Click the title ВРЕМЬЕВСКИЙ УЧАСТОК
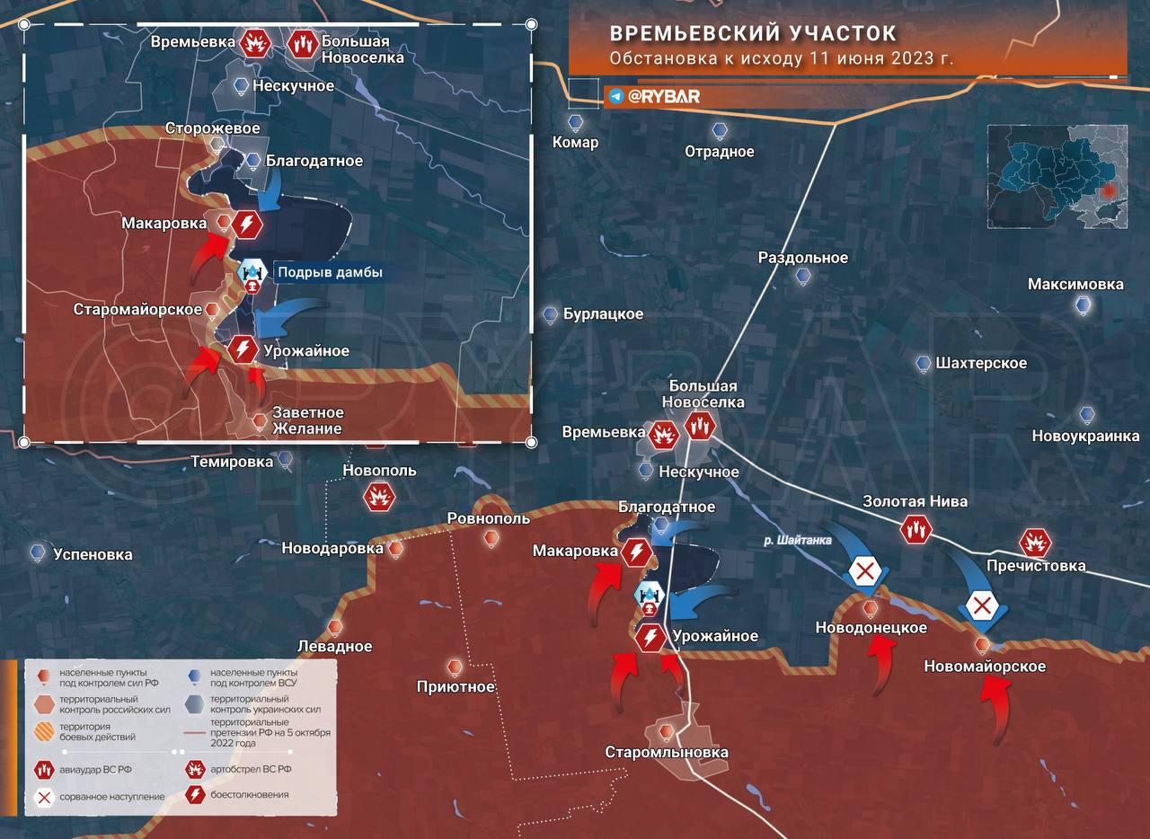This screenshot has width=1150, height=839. pyautogui.click(x=753, y=33)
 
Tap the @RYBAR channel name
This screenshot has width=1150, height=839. pyautogui.click(x=664, y=96)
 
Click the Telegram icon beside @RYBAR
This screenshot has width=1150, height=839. pyautogui.click(x=615, y=96)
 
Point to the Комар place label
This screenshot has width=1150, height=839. pyautogui.click(x=575, y=142)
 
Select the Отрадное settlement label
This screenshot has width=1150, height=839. pyautogui.click(x=719, y=151)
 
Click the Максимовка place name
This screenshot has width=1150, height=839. pyautogui.click(x=1075, y=284)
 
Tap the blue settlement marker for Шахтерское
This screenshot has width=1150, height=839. pyautogui.click(x=924, y=364)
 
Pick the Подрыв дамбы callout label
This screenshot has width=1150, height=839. pyautogui.click(x=329, y=272)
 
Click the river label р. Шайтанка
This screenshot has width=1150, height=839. pyautogui.click(x=798, y=540)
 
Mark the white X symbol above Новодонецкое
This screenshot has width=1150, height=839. pyautogui.click(x=864, y=571)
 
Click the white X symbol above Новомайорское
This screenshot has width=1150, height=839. pyautogui.click(x=982, y=605)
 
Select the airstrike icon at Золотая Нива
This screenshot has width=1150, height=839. pyautogui.click(x=916, y=530)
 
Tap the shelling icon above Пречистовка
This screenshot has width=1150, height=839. pyautogui.click(x=1035, y=543)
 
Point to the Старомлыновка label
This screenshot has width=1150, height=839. pyautogui.click(x=666, y=752)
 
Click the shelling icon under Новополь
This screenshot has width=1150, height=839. pyautogui.click(x=379, y=497)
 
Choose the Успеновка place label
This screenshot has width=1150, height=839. pyautogui.click(x=93, y=554)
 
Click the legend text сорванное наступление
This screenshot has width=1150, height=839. pyautogui.click(x=112, y=796)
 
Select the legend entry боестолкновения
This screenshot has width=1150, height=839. pyautogui.click(x=251, y=795)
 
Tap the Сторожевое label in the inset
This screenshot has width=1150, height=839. pyautogui.click(x=212, y=128)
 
